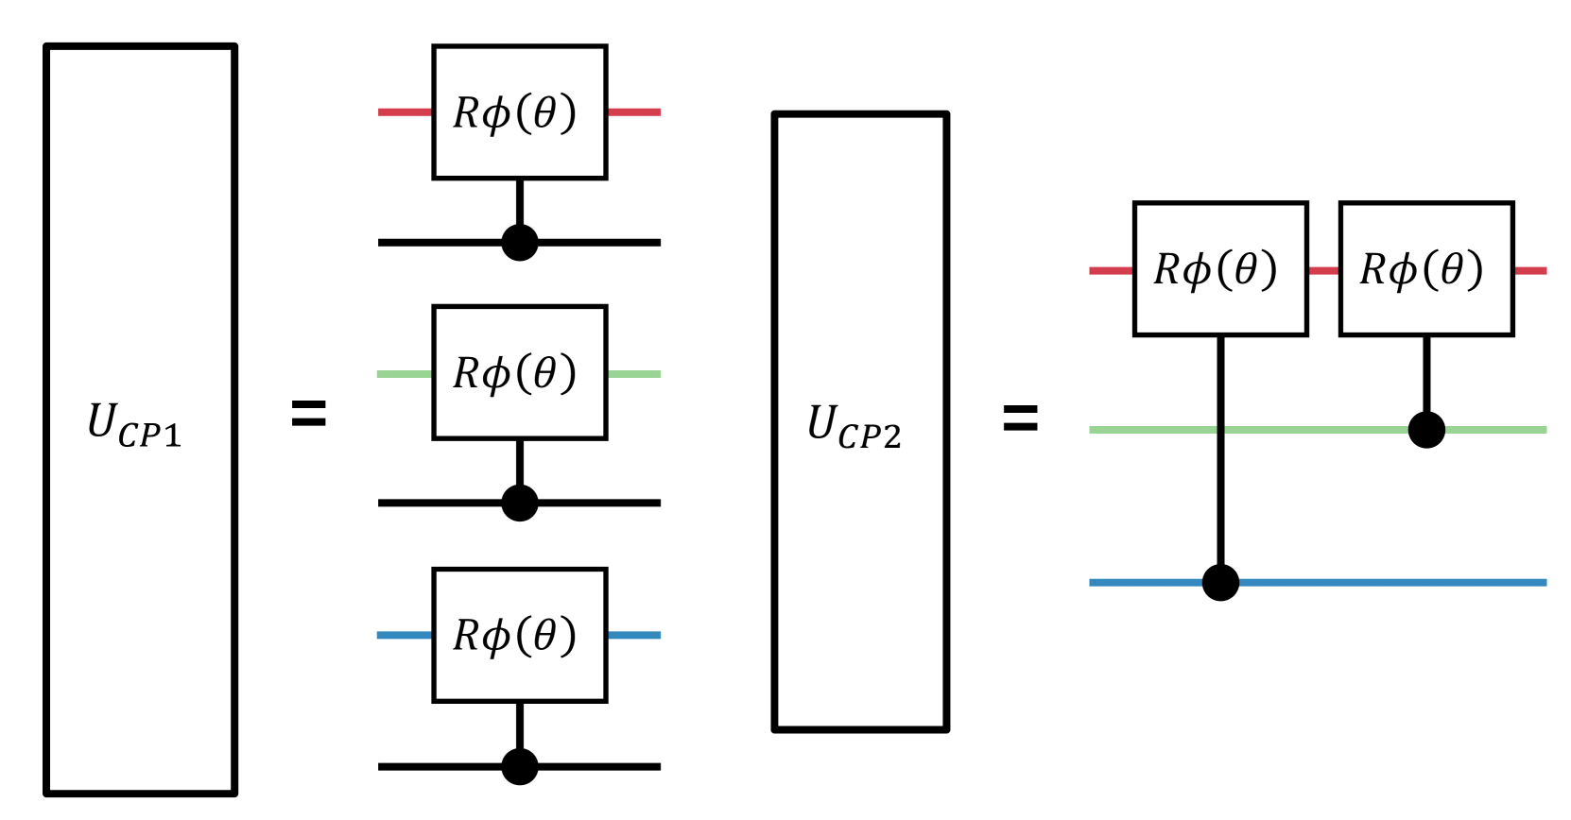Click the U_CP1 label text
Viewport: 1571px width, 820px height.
tap(134, 424)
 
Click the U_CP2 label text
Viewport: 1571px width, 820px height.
tap(855, 426)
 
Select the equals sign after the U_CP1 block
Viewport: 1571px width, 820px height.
tap(309, 413)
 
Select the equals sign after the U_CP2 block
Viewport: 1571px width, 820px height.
tap(1021, 418)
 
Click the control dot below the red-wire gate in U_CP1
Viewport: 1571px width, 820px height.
tap(520, 243)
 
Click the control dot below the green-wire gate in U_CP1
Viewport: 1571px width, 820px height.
tap(520, 503)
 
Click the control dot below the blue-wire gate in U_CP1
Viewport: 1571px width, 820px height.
tap(520, 766)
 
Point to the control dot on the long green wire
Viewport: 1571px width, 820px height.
tap(1426, 430)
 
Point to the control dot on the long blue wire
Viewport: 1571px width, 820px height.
tap(1220, 583)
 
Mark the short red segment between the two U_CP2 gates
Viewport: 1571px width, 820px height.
tap(1323, 270)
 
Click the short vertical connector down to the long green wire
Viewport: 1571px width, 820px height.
tap(1426, 374)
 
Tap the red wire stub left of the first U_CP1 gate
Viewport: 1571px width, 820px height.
tap(405, 112)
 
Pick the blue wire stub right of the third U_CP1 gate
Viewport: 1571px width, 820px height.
tap(634, 635)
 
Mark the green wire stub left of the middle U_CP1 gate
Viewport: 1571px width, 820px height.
tap(405, 373)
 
